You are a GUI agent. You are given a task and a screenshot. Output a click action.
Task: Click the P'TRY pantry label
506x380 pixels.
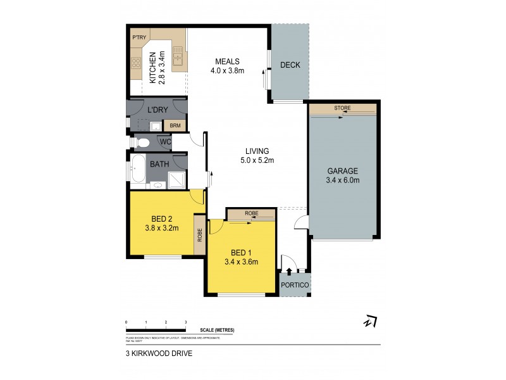pyautogui.click(x=139, y=37)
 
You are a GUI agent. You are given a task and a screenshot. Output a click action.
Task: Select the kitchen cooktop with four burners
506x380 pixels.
pyautogui.click(x=136, y=63)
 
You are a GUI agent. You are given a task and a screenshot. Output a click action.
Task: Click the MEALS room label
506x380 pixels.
pyautogui.click(x=227, y=61)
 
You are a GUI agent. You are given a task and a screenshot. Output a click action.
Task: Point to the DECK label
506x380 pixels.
pyautogui.click(x=290, y=65)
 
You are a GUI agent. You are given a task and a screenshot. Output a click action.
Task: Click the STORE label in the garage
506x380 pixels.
pyautogui.click(x=342, y=109)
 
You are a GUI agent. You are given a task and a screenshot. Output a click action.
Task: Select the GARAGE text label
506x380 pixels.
pyautogui.click(x=343, y=171)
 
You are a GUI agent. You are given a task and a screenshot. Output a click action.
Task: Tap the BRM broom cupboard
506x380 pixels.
pyautogui.click(x=175, y=125)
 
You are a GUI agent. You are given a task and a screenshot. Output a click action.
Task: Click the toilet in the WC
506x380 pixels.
pyautogui.click(x=142, y=142)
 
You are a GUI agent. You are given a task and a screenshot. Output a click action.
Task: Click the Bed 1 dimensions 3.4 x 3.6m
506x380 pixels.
pyautogui.click(x=241, y=261)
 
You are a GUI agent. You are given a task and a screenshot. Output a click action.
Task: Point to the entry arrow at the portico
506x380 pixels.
pyautogui.click(x=289, y=272)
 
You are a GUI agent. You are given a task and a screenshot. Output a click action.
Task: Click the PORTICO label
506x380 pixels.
pyautogui.click(x=295, y=286)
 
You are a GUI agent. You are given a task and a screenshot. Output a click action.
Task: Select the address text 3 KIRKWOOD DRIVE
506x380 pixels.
pyautogui.click(x=158, y=354)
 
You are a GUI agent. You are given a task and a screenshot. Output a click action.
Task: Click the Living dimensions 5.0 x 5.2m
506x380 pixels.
pyautogui.click(x=258, y=160)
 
